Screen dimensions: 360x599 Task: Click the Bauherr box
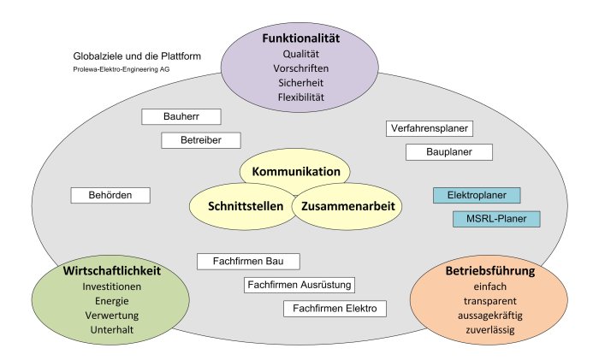pos(181,116)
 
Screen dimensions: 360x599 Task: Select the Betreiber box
pos(201,139)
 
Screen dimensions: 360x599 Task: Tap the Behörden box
pos(110,195)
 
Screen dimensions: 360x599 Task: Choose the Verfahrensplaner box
pos(429,128)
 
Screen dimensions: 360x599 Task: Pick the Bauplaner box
pos(449,152)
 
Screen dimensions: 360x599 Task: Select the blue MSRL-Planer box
pos(496,219)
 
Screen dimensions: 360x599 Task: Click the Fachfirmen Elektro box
pos(334,308)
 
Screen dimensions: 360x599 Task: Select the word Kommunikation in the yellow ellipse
pos(296,172)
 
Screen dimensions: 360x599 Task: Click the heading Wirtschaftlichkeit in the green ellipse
pos(112,270)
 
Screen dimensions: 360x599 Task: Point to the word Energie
pos(112,300)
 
